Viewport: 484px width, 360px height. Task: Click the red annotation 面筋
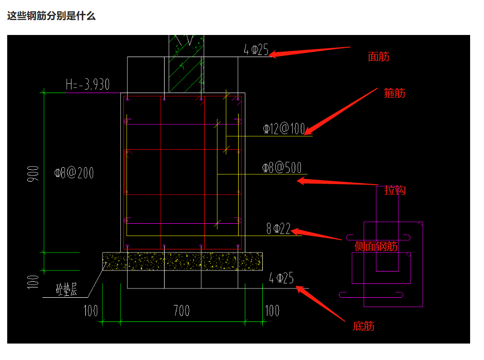coord(379,57)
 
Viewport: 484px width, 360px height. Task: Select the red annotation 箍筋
coord(394,93)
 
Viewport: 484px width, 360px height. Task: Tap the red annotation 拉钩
coord(395,190)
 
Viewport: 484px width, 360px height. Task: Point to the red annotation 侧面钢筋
coord(376,246)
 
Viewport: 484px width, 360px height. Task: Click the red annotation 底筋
coord(364,326)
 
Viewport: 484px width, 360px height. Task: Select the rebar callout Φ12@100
coord(284,129)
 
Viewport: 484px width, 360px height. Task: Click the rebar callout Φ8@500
coord(281,168)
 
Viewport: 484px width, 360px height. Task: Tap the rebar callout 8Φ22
coord(278,229)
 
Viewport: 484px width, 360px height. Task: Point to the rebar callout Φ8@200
coord(74,173)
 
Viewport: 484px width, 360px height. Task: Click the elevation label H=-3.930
coord(87,84)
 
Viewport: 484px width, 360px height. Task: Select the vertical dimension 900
coord(33,173)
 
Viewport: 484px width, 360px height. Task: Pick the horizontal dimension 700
coord(182,311)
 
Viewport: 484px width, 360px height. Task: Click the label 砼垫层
coord(66,290)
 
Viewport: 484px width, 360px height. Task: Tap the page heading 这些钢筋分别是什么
coord(51,16)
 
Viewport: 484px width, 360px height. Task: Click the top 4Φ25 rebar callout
coord(256,49)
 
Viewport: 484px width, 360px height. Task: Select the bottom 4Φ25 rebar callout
coord(281,278)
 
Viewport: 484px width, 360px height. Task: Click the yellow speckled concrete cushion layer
coord(183,261)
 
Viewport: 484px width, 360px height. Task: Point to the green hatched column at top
coord(186,64)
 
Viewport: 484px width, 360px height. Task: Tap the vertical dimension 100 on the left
coord(33,282)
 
